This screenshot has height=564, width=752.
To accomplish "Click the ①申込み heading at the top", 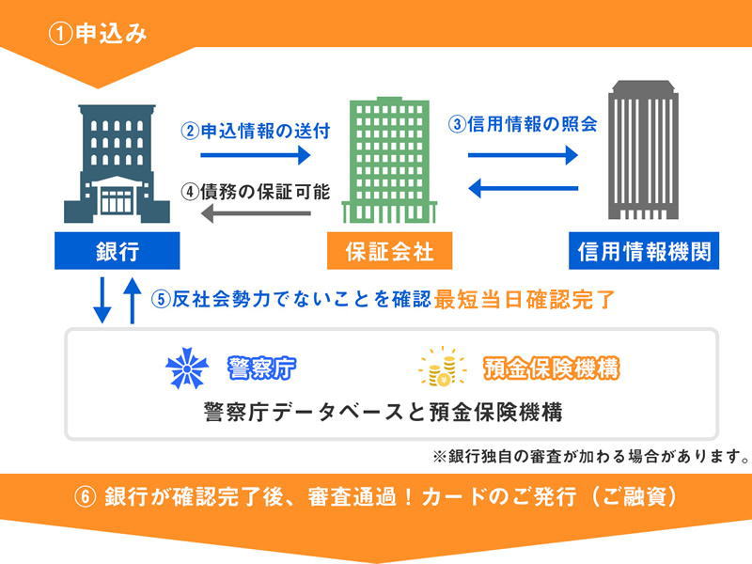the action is (98, 35).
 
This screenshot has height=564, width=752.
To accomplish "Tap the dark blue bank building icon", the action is (117, 164).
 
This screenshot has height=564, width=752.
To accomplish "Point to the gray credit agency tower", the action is (644, 150).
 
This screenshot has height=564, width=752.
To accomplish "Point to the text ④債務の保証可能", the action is (255, 191).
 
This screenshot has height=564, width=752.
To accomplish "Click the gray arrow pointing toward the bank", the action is (255, 214).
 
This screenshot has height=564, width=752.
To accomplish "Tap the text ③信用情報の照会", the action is (523, 123).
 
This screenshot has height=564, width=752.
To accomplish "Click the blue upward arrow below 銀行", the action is (133, 301).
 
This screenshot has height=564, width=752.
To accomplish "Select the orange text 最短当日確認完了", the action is (525, 301).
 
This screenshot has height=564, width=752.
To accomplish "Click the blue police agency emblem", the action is (186, 368).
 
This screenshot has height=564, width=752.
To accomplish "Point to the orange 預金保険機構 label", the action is (550, 368).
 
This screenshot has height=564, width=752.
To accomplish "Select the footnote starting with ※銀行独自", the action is (590, 457).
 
